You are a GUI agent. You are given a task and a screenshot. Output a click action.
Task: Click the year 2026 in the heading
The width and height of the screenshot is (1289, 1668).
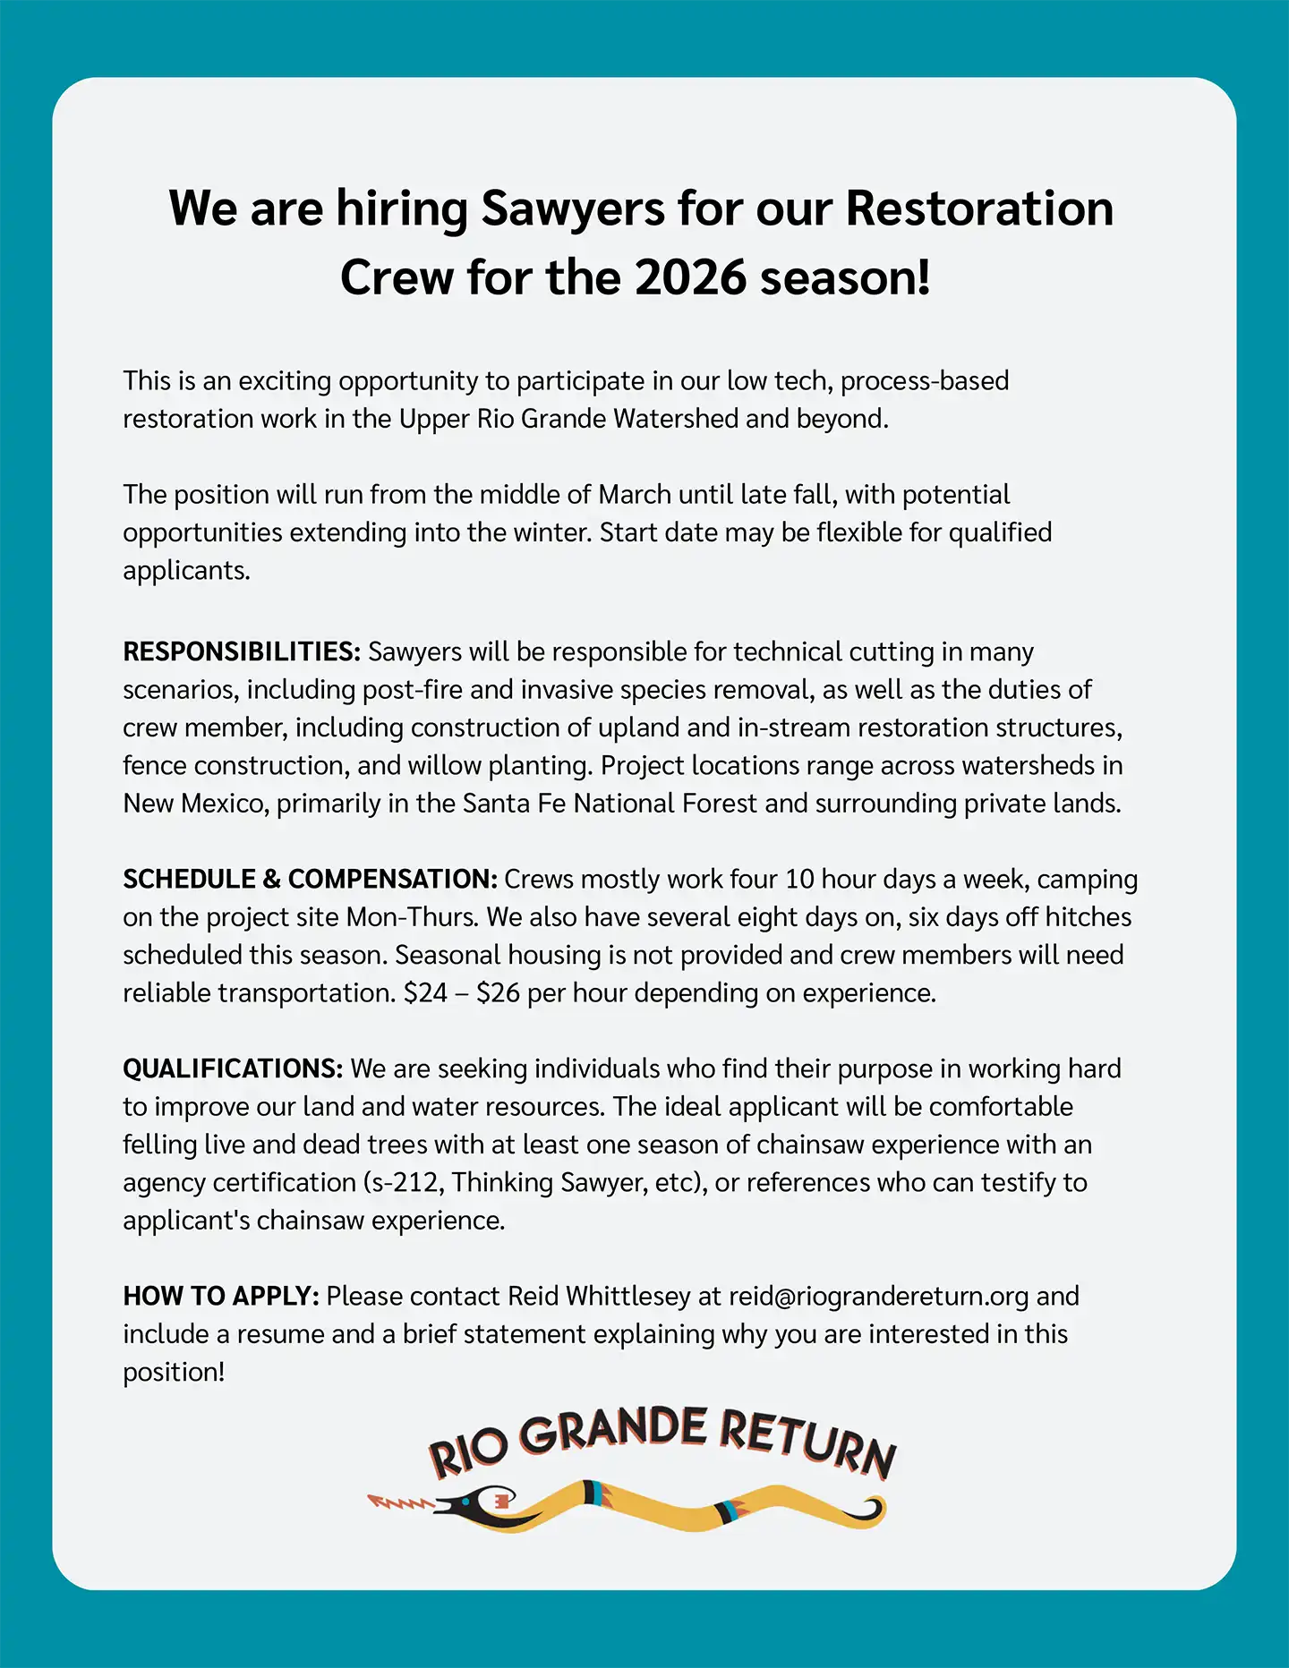tap(690, 277)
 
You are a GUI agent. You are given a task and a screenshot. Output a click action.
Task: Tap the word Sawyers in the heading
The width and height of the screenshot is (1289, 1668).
tap(573, 208)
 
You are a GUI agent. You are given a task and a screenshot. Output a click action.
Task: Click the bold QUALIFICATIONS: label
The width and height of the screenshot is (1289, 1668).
tap(233, 1068)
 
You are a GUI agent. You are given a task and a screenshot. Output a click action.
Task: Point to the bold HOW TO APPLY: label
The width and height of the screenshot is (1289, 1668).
tap(221, 1296)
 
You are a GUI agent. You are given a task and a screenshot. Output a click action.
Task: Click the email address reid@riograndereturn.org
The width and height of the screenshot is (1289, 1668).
tap(878, 1296)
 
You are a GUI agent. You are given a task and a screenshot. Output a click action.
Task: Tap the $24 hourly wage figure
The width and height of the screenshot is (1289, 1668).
tap(425, 993)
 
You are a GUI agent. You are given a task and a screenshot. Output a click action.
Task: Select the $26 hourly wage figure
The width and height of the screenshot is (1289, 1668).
tap(498, 993)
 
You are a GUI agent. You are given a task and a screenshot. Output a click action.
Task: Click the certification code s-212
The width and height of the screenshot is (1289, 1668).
tap(402, 1183)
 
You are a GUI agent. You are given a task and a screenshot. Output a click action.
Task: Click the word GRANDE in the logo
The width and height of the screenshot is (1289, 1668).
tap(613, 1430)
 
